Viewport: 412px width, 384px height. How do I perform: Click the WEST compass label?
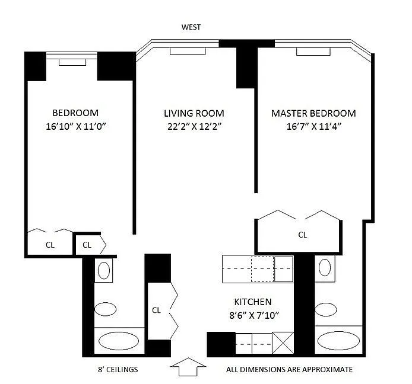pos(191,27)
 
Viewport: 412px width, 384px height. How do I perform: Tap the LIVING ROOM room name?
pos(194,113)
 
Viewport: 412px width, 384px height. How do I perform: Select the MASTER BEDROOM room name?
pos(313,113)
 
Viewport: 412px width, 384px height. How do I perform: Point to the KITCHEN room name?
pos(253,302)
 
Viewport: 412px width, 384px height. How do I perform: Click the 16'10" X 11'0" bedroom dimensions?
pos(75,126)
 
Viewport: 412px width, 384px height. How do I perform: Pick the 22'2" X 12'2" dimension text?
pos(194,126)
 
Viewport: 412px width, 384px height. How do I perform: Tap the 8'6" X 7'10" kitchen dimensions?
pos(254,315)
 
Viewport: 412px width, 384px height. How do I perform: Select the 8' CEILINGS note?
pos(118,370)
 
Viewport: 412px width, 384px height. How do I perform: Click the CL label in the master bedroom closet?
pos(303,235)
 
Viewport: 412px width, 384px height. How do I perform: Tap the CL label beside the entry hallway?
pos(156,311)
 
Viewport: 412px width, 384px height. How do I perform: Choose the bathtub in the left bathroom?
pos(119,341)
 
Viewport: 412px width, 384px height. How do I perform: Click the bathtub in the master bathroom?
pos(338,341)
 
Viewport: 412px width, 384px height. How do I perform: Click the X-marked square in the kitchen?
pos(283,343)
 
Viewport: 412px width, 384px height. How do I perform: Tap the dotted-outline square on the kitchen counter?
pos(262,269)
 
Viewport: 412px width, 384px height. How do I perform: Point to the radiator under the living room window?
pos(188,51)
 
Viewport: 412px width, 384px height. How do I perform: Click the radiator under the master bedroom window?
pos(313,52)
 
